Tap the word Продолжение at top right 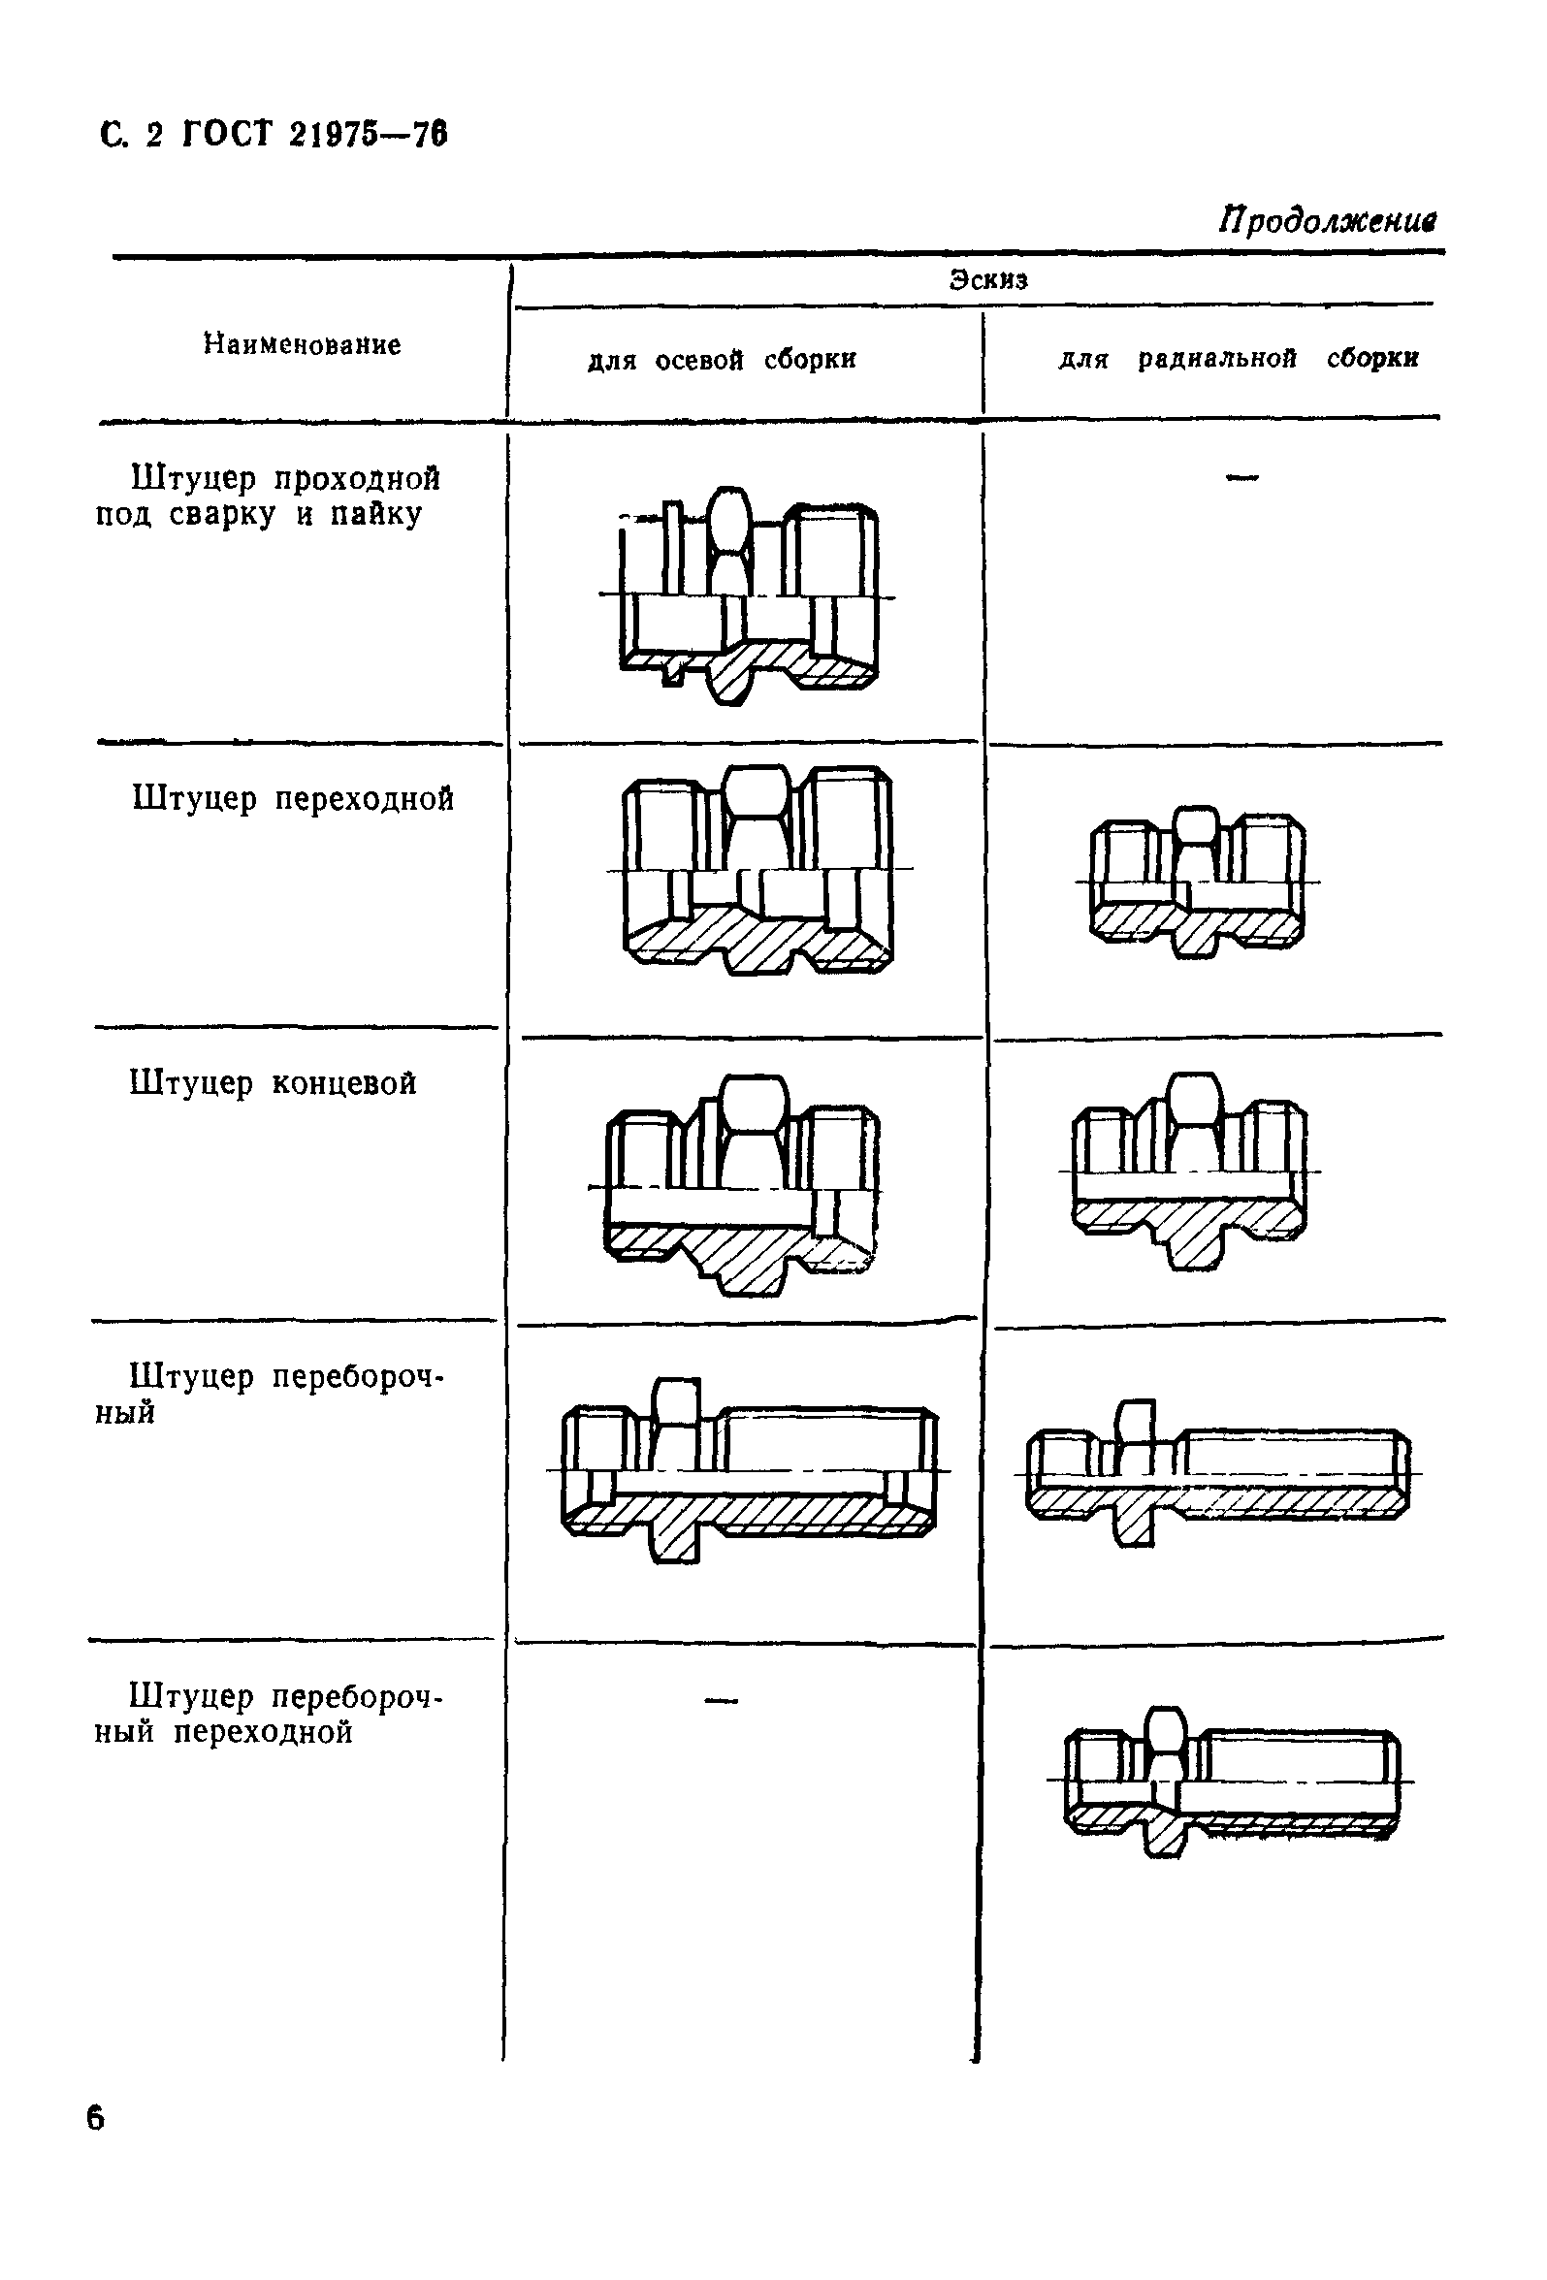pyautogui.click(x=1327, y=220)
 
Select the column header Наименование pyautogui.click(x=303, y=344)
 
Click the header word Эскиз pyautogui.click(x=987, y=280)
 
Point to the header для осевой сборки pyautogui.click(x=721, y=360)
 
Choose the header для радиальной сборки pyautogui.click(x=1238, y=358)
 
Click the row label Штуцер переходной pyautogui.click(x=292, y=798)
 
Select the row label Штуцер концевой pyautogui.click(x=273, y=1083)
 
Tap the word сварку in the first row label pyautogui.click(x=222, y=514)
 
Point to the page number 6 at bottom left pyautogui.click(x=95, y=2118)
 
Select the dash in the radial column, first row pyautogui.click(x=1241, y=478)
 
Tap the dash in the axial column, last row pyautogui.click(x=721, y=1700)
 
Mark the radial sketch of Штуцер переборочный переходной pyautogui.click(x=1231, y=1781)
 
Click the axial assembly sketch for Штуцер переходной pyautogui.click(x=757, y=869)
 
